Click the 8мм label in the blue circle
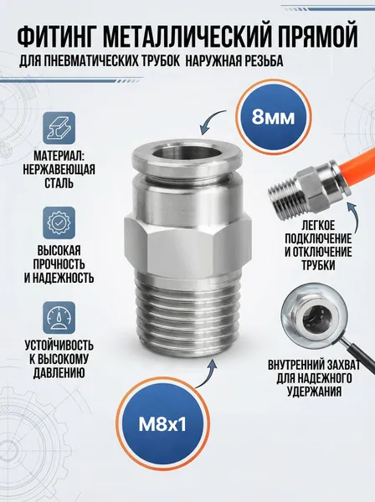[x=273, y=117]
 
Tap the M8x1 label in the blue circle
[x=162, y=424]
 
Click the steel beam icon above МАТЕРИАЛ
[x=59, y=128]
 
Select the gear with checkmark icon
[x=59, y=223]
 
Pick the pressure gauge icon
[x=59, y=317]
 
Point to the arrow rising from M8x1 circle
[x=210, y=373]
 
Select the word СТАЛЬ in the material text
[x=59, y=182]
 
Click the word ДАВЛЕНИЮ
[x=59, y=372]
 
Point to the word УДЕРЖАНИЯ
[x=314, y=392]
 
